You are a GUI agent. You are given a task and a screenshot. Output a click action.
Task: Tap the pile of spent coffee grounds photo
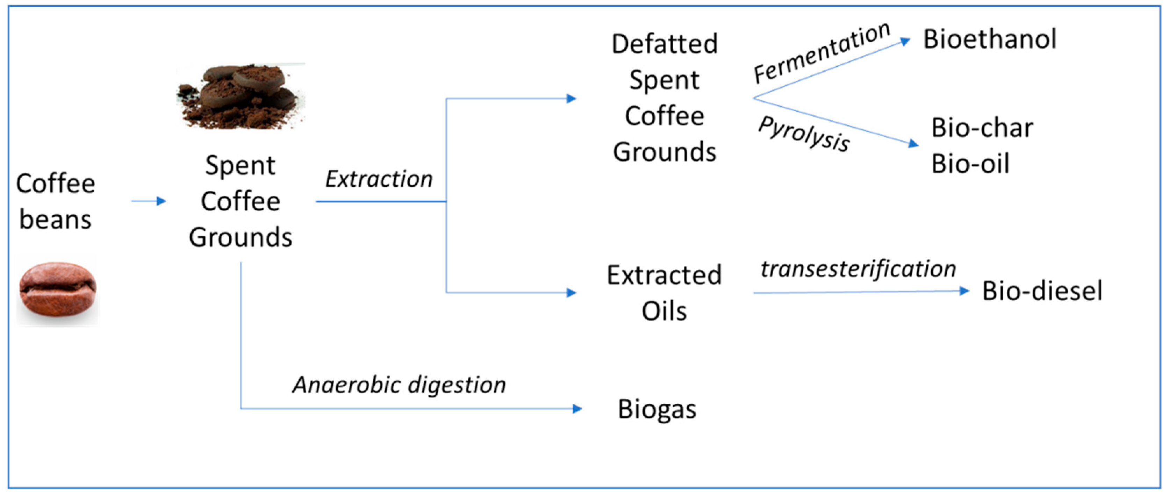[241, 96]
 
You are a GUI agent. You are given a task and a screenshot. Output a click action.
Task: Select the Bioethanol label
[990, 40]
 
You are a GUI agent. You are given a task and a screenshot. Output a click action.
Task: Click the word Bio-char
[982, 128]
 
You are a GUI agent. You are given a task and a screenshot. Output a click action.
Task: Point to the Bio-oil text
[970, 164]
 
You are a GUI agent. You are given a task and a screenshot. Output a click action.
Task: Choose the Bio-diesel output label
[1042, 291]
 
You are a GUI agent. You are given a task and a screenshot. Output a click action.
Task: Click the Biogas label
[657, 409]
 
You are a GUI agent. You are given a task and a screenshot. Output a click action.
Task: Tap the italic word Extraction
[379, 179]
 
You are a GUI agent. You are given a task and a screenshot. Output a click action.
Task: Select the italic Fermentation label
[822, 53]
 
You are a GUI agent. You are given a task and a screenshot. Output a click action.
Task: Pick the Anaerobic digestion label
[399, 385]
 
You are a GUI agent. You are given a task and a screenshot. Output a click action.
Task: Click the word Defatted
[664, 44]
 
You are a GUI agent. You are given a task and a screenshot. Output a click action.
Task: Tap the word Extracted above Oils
[664, 275]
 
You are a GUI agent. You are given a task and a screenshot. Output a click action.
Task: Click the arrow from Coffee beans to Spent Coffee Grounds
[149, 201]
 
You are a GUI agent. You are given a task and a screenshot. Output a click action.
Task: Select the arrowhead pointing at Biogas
[577, 409]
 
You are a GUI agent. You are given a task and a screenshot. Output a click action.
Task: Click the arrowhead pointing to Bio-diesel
[964, 291]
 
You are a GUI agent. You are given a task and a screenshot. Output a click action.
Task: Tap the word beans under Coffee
[55, 220]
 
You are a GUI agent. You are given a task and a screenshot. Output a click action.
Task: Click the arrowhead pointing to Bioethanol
[905, 41]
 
